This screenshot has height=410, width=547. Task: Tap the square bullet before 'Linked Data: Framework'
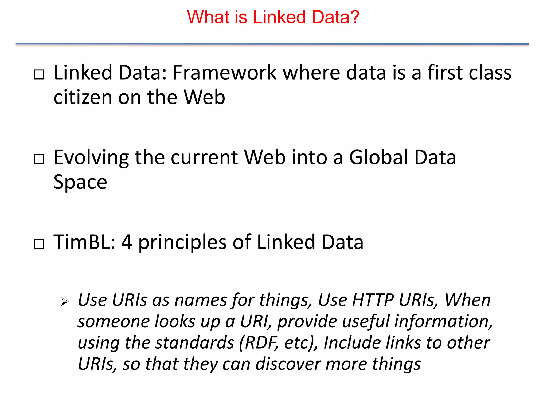pyautogui.click(x=39, y=74)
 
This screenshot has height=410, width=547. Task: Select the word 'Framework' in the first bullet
pyautogui.click(x=225, y=73)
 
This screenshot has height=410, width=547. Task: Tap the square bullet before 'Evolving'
pyautogui.click(x=39, y=159)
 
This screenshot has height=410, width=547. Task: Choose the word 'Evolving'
pyautogui.click(x=91, y=157)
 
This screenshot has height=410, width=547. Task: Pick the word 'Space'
pyautogui.click(x=80, y=182)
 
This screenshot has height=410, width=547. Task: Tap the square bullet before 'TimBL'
pyautogui.click(x=39, y=244)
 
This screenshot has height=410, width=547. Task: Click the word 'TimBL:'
pyautogui.click(x=84, y=242)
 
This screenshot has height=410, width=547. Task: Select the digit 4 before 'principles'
pyautogui.click(x=127, y=242)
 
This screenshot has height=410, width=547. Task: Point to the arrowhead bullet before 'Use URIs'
pyautogui.click(x=64, y=302)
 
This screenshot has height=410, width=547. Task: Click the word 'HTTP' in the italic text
pyautogui.click(x=373, y=300)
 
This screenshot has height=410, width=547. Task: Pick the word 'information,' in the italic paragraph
pyautogui.click(x=443, y=321)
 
